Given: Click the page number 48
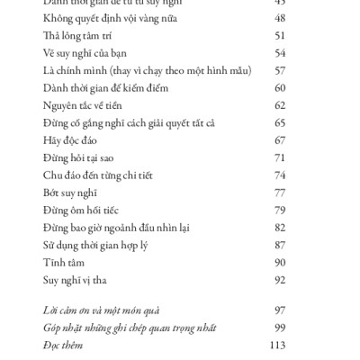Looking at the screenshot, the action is [x=279, y=18].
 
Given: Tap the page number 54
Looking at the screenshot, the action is [x=279, y=52].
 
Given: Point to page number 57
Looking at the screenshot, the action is [x=279, y=70].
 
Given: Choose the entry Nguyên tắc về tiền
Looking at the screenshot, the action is [x=84, y=105].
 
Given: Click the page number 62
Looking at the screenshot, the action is [x=279, y=105].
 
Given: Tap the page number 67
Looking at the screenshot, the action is [x=279, y=140].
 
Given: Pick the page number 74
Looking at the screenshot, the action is [x=279, y=175].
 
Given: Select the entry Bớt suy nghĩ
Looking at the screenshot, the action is [x=69, y=193].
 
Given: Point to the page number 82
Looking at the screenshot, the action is [x=279, y=228].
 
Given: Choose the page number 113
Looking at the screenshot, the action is [x=277, y=345].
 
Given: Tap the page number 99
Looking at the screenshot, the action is [x=279, y=328].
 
